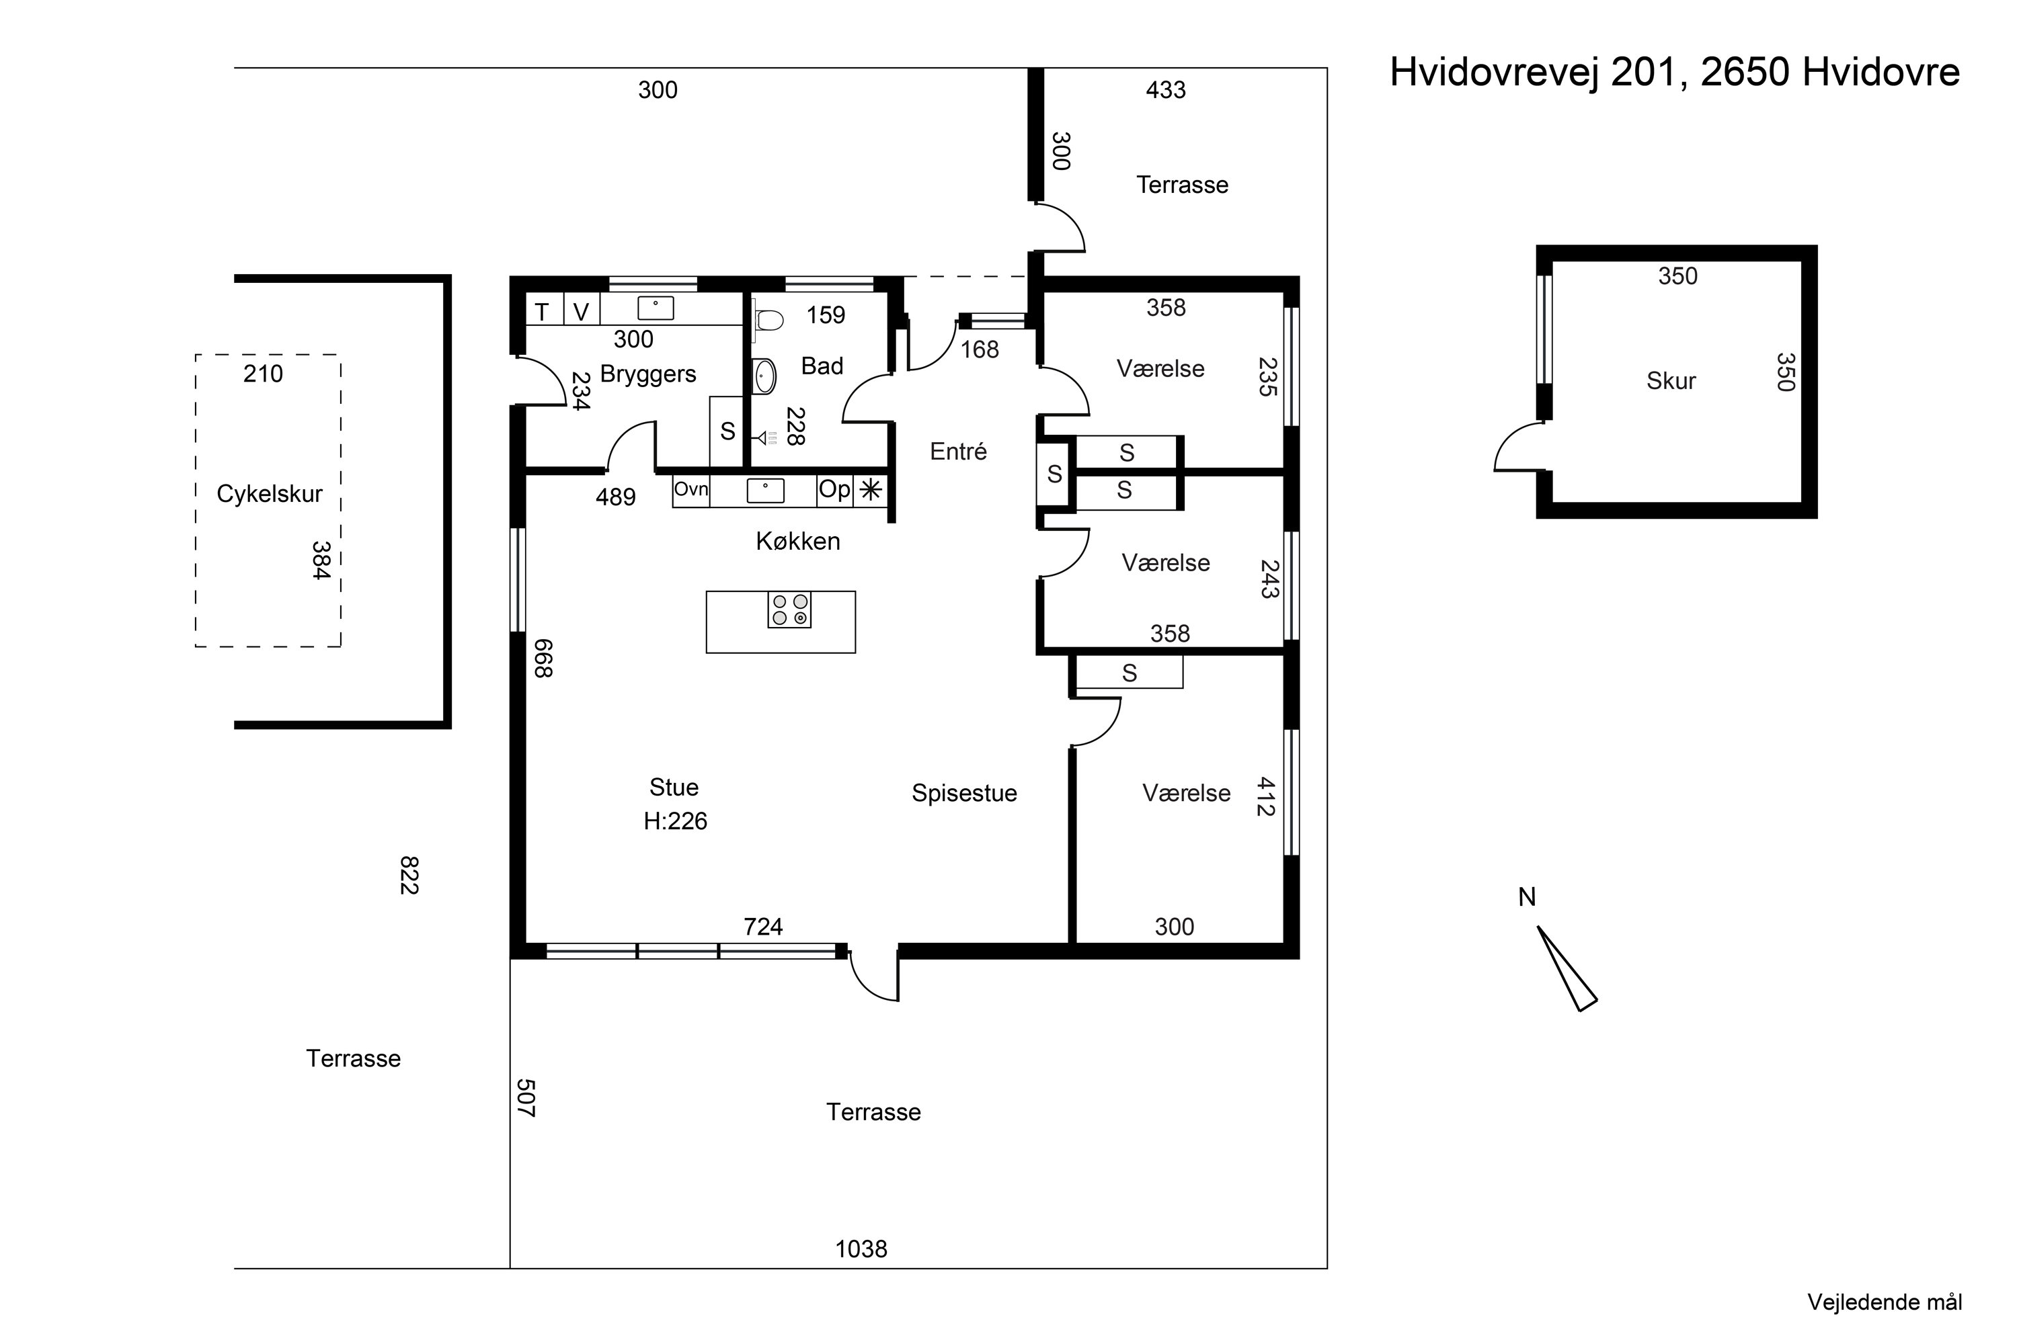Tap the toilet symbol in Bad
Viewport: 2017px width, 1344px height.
pyautogui.click(x=769, y=321)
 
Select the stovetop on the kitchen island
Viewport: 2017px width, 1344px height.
pyautogui.click(x=789, y=610)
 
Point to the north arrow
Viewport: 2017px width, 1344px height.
pyautogui.click(x=1566, y=968)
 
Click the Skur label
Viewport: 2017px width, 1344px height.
pyautogui.click(x=1671, y=380)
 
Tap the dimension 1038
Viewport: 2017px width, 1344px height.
pyautogui.click(x=861, y=1249)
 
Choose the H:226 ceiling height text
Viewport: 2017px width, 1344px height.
pyautogui.click(x=675, y=821)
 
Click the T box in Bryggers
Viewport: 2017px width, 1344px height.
pyautogui.click(x=542, y=312)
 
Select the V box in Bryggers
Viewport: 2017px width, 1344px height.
pyautogui.click(x=582, y=312)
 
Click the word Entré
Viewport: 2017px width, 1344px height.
pyautogui.click(x=958, y=452)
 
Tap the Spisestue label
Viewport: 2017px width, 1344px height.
pyautogui.click(x=964, y=793)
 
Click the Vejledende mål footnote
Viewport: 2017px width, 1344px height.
pyautogui.click(x=1884, y=1302)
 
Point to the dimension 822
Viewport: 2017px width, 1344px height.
pyautogui.click(x=409, y=874)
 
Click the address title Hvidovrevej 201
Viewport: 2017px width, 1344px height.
pyautogui.click(x=1674, y=72)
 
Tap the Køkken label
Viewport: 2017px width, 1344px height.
pyautogui.click(x=797, y=541)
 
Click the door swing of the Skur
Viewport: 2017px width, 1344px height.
pyautogui.click(x=1516, y=448)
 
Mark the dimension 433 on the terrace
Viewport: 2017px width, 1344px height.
pyautogui.click(x=1165, y=90)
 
